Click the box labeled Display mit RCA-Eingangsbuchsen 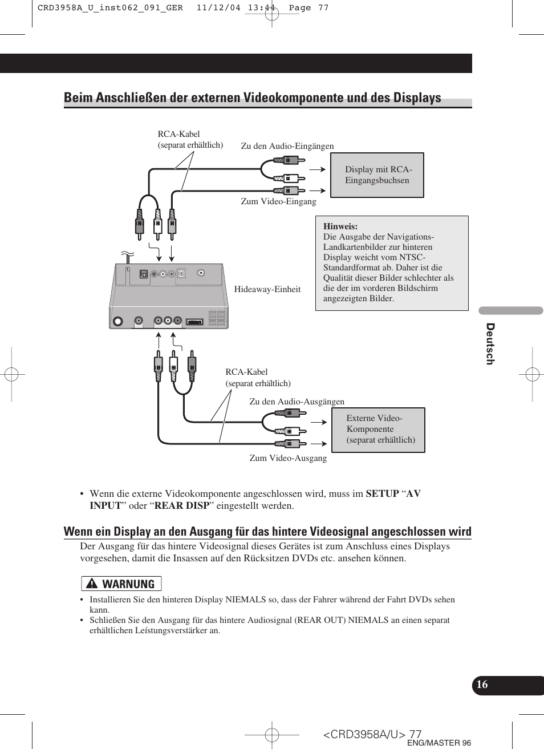(x=377, y=175)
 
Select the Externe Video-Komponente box (x=377, y=430)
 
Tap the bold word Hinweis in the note (x=340, y=226)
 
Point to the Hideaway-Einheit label (x=267, y=289)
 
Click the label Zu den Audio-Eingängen (x=287, y=146)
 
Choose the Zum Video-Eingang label (x=278, y=201)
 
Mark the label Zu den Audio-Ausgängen (x=297, y=402)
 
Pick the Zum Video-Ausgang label (x=288, y=458)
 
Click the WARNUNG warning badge (x=121, y=584)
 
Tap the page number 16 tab (x=482, y=685)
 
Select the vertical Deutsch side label (x=490, y=343)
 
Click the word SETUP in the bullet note (x=382, y=494)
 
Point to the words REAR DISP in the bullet (x=181, y=506)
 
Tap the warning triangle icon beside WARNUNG (x=91, y=584)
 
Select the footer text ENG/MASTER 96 (x=439, y=743)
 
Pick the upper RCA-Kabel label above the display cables (x=178, y=134)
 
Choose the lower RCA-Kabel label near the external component (x=246, y=372)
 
